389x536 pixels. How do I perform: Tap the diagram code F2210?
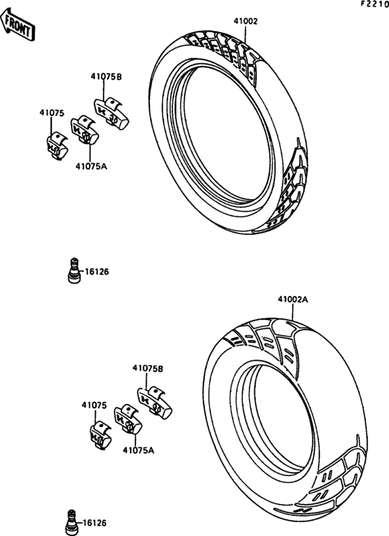pyautogui.click(x=375, y=4)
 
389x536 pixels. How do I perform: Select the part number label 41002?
pyautogui.click(x=246, y=21)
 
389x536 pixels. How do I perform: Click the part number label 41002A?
pyautogui.click(x=292, y=300)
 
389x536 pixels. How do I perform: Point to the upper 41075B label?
pyautogui.click(x=106, y=76)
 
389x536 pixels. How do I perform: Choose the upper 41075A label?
pyautogui.click(x=91, y=166)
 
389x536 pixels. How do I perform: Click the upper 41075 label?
pyautogui.click(x=52, y=113)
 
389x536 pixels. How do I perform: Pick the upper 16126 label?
pyautogui.click(x=97, y=272)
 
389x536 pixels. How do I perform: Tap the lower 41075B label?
pyautogui.click(x=148, y=368)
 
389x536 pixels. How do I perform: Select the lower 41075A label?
pyautogui.click(x=138, y=450)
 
